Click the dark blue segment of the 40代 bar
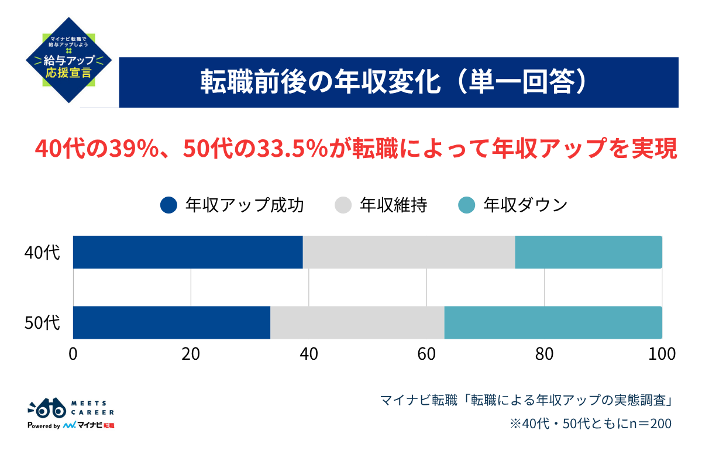click(x=187, y=252)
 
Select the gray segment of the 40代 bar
click(x=408, y=252)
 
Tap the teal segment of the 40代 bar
click(x=588, y=252)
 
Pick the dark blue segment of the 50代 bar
click(x=171, y=322)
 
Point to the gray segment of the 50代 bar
click(x=357, y=322)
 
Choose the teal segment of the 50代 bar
click(x=553, y=322)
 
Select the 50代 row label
click(x=42, y=323)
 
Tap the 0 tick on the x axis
click(x=73, y=354)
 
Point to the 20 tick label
click(x=191, y=354)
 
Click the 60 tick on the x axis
click(x=426, y=354)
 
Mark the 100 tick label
click(x=662, y=354)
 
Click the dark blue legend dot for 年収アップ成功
click(x=168, y=205)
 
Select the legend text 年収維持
click(x=393, y=205)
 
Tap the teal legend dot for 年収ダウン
click(x=466, y=205)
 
